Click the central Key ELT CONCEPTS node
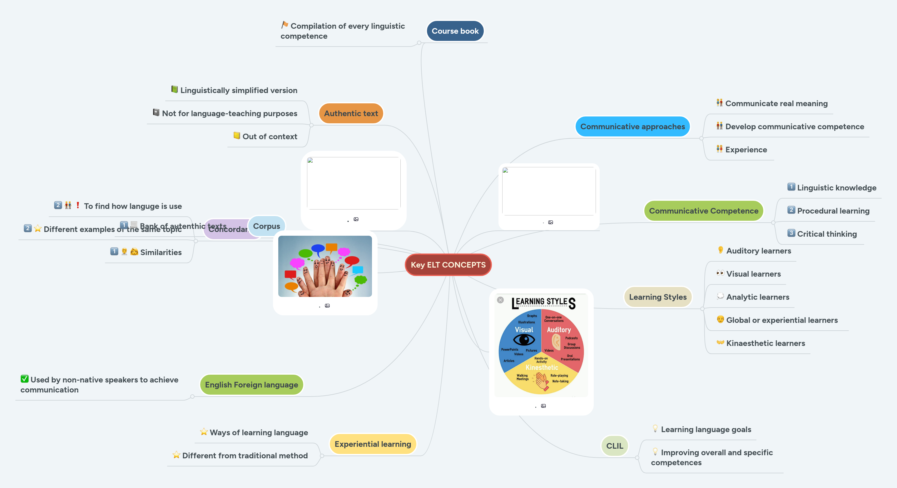point(448,265)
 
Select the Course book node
point(455,31)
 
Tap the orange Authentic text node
point(351,113)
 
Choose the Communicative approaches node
point(632,127)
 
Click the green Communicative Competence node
point(703,211)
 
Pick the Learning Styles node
point(657,297)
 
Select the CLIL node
point(614,446)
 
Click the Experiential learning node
point(373,444)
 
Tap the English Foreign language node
point(251,385)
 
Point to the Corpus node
point(266,226)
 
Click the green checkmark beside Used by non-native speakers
point(24,379)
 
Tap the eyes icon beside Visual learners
point(720,273)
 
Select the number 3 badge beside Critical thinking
point(791,233)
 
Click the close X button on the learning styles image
point(500,300)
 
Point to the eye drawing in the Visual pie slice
point(524,340)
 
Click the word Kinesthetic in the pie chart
point(542,367)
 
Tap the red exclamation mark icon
point(78,205)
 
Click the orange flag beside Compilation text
point(285,25)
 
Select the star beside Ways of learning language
point(204,432)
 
